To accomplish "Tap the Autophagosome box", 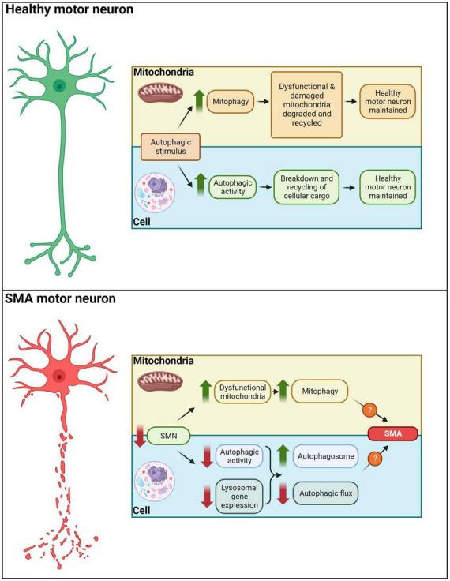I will click(x=324, y=455).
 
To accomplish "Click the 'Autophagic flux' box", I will click(x=324, y=493).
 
